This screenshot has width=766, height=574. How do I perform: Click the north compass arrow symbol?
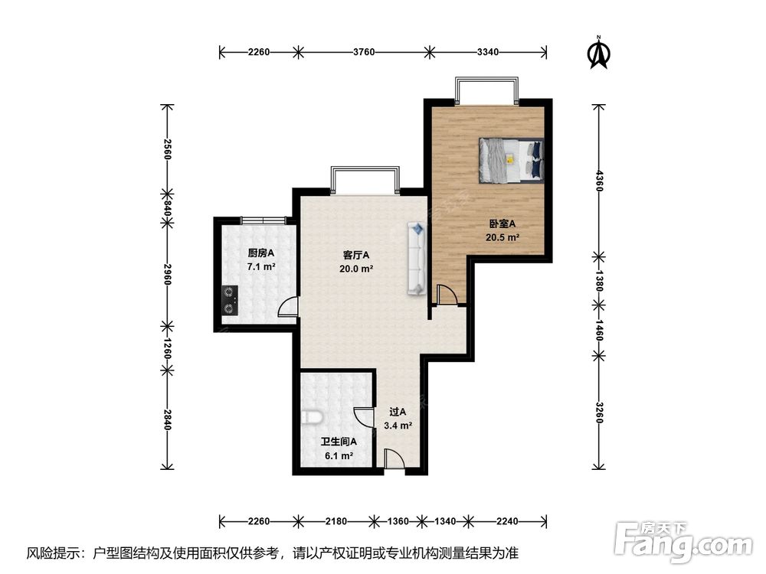pos(598,52)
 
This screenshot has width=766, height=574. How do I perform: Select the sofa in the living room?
pos(417,258)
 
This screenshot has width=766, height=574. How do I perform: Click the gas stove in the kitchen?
pos(230,300)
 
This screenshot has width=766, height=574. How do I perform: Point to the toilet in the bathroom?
pos(312,418)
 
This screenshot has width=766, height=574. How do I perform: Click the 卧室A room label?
pos(502,224)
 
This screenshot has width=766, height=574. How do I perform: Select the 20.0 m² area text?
pos(357,269)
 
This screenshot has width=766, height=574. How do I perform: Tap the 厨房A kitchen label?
pos(261,253)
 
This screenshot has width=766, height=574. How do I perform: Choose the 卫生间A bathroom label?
pos(339,442)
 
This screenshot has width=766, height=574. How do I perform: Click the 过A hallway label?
pos(398,412)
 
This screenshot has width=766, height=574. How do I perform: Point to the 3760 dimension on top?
pos(364,52)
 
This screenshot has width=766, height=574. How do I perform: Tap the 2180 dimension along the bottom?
pos(336,521)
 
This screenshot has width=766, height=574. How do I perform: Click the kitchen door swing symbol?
pos(288,307)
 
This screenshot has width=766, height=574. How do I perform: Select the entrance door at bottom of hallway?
pos(394,459)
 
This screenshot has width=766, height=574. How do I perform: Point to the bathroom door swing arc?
pos(364,416)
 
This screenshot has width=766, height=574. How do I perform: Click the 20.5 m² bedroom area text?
pos(502,238)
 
